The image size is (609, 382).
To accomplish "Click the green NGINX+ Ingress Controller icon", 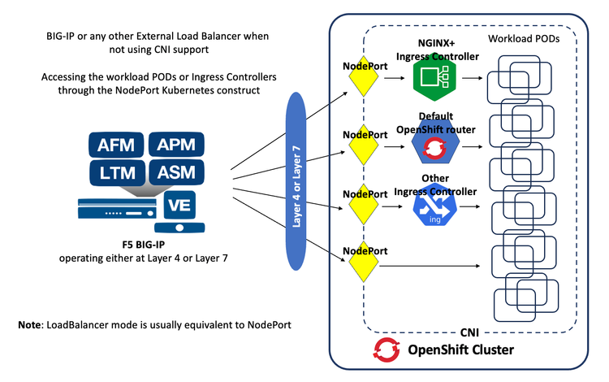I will [430, 79].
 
